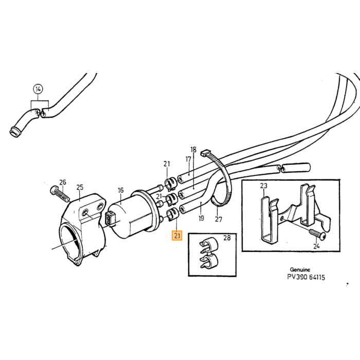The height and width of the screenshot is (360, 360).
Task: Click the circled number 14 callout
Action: tap(38, 89)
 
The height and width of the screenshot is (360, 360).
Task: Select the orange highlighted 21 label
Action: tap(177, 236)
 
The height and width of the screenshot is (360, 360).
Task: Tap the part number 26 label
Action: tap(63, 182)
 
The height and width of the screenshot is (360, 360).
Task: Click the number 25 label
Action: tap(80, 187)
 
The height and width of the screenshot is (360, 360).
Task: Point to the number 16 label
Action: tap(120, 190)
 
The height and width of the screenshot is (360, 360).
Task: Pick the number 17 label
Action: tap(188, 159)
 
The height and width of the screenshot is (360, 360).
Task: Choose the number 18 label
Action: tap(193, 150)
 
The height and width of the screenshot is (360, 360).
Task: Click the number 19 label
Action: tap(202, 218)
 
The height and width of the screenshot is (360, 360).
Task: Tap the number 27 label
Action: tap(219, 220)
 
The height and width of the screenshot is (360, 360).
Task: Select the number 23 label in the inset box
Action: tap(264, 186)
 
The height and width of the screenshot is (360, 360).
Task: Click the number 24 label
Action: tap(316, 246)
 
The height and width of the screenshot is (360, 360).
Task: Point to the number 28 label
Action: tap(227, 238)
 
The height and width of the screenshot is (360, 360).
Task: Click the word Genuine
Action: tap(300, 269)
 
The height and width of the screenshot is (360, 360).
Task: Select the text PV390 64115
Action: tap(306, 277)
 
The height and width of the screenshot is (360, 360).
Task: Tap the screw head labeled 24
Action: tap(322, 236)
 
